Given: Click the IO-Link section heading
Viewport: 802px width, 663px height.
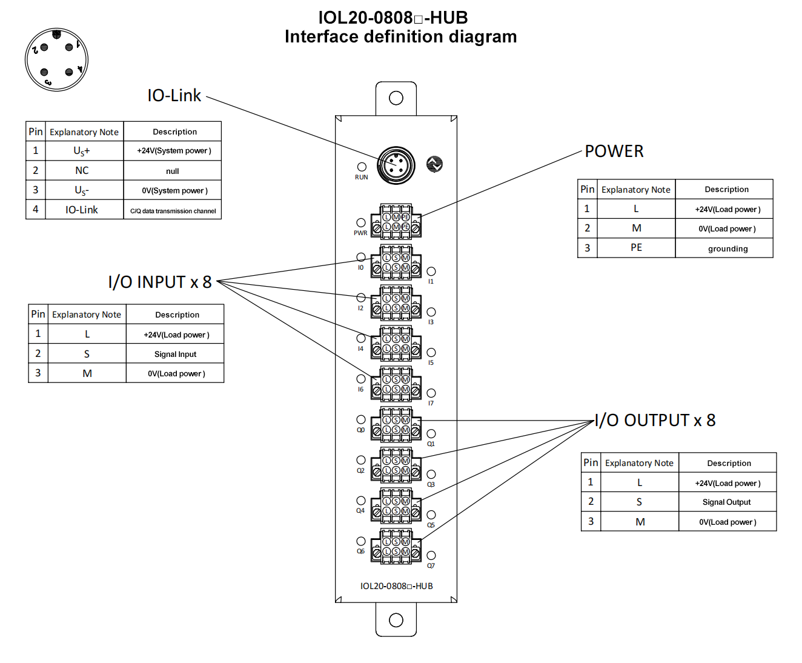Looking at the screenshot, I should coord(174,96).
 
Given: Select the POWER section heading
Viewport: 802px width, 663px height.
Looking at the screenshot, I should coord(614,152).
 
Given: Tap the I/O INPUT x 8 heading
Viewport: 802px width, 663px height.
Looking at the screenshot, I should coord(159,282).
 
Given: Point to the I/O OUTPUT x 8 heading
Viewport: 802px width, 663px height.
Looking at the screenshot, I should coord(655,421).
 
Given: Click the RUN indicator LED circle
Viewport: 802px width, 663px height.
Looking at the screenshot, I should coord(362,167).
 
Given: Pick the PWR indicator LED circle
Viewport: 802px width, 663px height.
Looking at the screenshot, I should coord(361,222).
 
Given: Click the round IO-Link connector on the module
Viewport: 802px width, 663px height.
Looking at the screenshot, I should coord(396,165).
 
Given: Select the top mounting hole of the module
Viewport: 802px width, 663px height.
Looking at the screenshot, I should coord(396,98).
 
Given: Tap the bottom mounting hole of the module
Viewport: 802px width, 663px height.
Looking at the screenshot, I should coord(396,620).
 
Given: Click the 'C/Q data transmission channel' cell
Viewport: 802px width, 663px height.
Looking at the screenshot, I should coord(173,211).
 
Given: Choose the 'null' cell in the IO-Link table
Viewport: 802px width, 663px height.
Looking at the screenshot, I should coord(173,171).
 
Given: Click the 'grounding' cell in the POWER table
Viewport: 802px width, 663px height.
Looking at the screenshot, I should coord(727,248).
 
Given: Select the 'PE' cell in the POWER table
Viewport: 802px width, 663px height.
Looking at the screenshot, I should coord(636,248).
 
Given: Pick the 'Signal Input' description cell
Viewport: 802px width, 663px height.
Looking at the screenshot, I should coord(175,354).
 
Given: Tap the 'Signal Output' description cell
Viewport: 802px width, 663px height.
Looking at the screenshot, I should coord(726,502).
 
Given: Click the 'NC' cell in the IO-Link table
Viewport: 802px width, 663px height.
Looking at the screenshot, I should coord(82,171).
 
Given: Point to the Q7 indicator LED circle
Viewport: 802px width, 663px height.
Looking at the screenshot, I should coord(431,555).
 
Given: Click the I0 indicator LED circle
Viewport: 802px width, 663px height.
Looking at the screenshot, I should coord(361,257).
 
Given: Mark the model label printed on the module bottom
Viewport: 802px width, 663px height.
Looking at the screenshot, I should coord(396,586).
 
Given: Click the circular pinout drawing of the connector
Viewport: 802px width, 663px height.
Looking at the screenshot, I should coord(56,59).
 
